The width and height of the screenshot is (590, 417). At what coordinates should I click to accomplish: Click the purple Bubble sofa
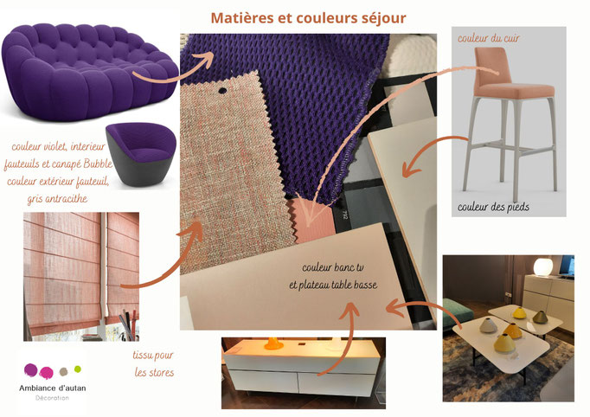(x=90, y=72)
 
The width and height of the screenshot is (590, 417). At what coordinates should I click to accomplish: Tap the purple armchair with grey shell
(x=141, y=154)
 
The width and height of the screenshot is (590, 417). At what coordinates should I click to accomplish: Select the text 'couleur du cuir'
(x=489, y=38)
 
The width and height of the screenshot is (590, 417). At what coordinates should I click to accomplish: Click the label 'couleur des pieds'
(x=493, y=207)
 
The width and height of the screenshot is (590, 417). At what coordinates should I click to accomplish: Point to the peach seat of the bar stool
(x=515, y=90)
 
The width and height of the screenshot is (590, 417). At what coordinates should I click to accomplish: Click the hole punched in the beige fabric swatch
(x=222, y=90)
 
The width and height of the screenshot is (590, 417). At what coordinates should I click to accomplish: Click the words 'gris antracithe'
(x=57, y=198)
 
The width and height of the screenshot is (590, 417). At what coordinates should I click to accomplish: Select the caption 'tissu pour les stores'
(x=153, y=363)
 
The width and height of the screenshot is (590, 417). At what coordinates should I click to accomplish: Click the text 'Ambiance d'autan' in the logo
(x=52, y=388)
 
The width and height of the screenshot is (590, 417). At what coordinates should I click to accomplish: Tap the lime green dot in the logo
(x=78, y=369)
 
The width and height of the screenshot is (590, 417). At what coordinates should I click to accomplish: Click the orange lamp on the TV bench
(x=273, y=343)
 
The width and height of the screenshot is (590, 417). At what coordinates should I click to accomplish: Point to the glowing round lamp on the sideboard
(x=543, y=266)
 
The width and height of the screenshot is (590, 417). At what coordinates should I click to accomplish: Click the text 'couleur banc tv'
(x=333, y=267)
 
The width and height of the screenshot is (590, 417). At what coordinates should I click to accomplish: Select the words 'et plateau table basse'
(x=333, y=285)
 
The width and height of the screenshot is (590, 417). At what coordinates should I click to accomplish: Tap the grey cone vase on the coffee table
(x=489, y=325)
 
